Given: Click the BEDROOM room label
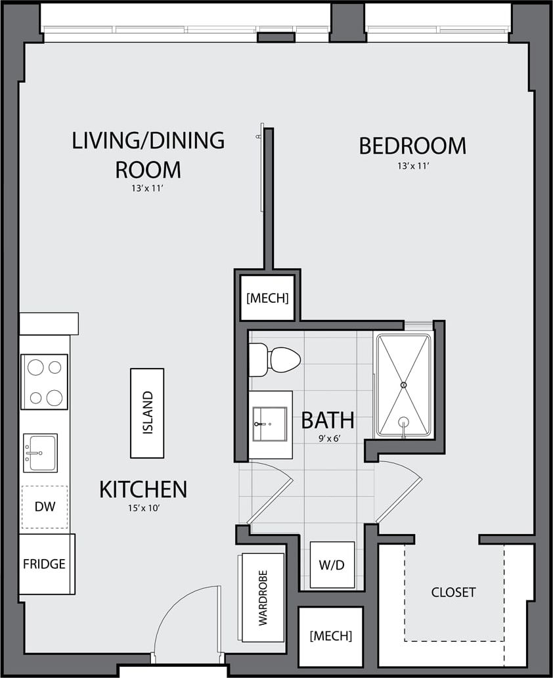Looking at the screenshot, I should click(412, 146).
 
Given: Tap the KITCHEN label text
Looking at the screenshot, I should click(143, 489).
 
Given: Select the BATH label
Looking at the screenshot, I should click(328, 420).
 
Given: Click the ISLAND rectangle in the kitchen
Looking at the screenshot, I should click(147, 413).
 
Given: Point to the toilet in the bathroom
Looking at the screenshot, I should click(275, 359).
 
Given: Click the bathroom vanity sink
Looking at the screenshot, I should click(270, 424).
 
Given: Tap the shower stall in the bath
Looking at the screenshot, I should click(403, 385).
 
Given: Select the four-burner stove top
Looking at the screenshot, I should click(45, 382).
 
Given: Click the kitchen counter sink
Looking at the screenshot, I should click(40, 453).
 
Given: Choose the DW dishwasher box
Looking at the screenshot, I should click(44, 507).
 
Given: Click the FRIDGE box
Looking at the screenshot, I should click(45, 564).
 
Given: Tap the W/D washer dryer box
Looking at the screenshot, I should click(332, 565).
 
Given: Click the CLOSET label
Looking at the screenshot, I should click(453, 593).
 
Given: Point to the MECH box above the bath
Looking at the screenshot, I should click(267, 298).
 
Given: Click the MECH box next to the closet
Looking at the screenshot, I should click(330, 636).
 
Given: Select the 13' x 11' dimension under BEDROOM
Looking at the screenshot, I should click(412, 166).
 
